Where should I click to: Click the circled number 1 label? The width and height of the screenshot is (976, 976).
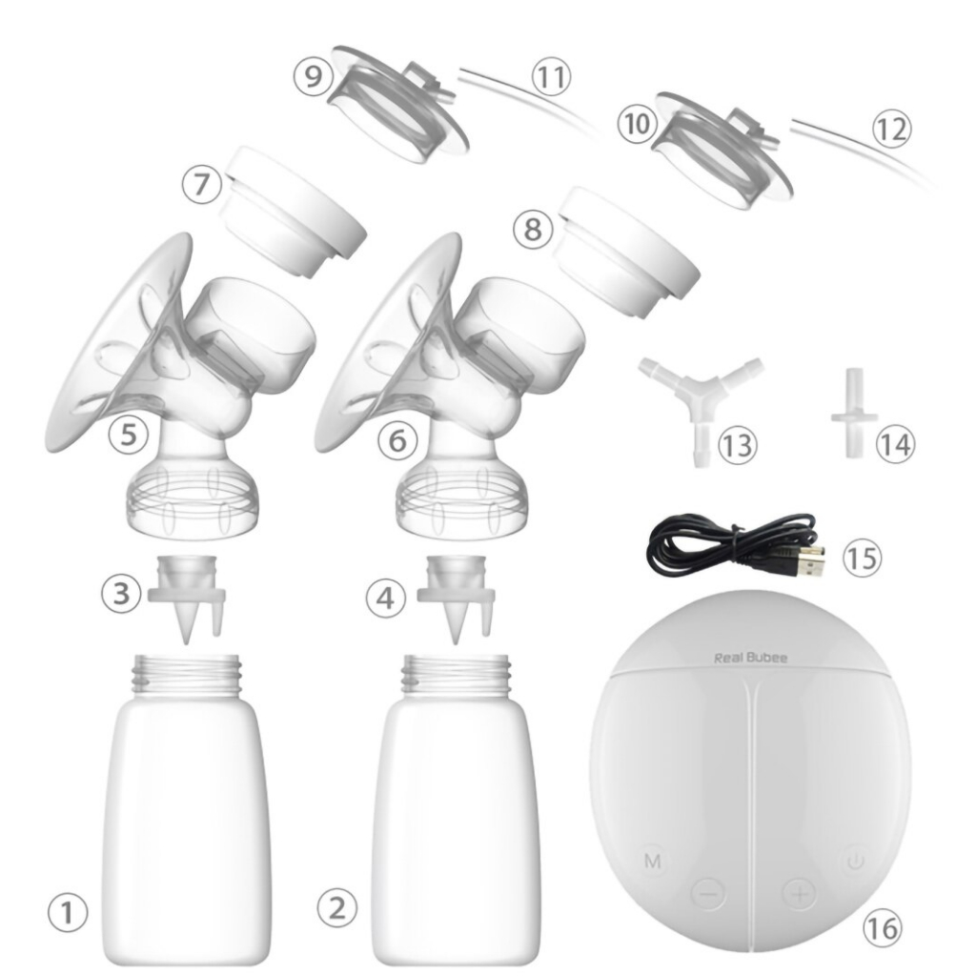coord(67,912)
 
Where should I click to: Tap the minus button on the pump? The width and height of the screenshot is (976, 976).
coord(709,893)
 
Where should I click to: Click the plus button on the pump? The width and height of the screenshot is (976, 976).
coord(800,893)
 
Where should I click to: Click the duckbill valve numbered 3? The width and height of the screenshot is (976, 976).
coord(187,599)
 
